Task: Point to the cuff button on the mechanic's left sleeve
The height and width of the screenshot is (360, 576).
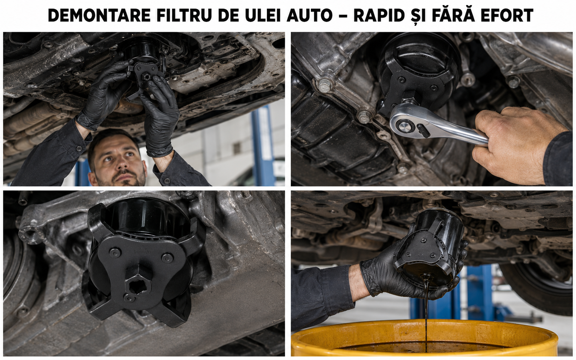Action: click(79, 148)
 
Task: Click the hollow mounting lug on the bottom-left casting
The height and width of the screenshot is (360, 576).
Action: click(29, 234)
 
